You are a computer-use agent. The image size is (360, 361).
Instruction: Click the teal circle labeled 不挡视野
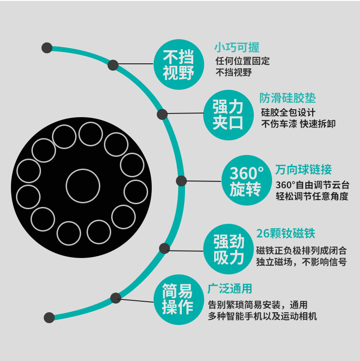(179, 64)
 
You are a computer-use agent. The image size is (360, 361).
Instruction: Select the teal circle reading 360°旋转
(247, 181)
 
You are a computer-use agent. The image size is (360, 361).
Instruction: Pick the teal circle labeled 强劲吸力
(229, 249)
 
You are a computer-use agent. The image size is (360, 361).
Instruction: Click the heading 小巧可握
(237, 47)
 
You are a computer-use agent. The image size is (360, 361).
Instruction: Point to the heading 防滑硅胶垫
(288, 98)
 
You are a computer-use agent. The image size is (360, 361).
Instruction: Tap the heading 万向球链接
(303, 170)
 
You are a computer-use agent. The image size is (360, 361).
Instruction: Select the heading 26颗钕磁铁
(286, 234)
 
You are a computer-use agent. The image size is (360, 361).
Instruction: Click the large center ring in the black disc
(83, 186)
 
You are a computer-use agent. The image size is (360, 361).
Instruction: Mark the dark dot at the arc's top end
(46, 47)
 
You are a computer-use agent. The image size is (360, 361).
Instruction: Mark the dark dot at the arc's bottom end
(49, 317)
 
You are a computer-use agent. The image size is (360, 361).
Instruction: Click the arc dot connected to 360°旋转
(181, 180)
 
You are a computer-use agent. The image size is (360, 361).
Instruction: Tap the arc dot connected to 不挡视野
(113, 65)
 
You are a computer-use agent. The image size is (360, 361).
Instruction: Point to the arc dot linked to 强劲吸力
(164, 248)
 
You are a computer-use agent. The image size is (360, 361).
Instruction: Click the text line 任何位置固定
(242, 61)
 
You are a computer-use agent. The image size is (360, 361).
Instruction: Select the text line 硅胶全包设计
(288, 112)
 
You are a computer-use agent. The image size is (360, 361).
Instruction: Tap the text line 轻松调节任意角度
(312, 196)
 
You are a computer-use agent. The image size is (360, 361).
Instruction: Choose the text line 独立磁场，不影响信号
(301, 262)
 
